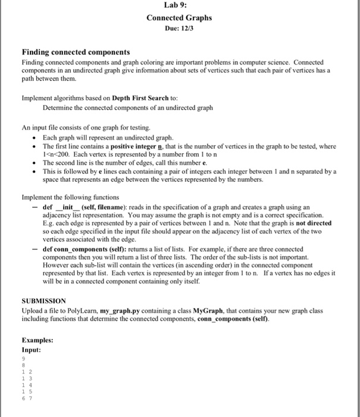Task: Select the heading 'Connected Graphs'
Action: coord(179,18)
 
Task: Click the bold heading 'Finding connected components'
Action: coord(76,52)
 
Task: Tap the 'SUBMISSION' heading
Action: coord(43,301)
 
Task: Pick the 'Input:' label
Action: coord(31,350)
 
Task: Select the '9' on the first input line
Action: coord(24,359)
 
